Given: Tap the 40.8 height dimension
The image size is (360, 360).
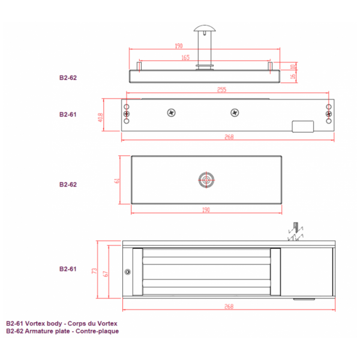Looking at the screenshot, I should (101, 118).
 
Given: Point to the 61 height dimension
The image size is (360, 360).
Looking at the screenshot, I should (118, 180).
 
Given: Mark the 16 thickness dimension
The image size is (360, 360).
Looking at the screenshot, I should (293, 76).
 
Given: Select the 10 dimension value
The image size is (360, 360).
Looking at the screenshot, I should (293, 66).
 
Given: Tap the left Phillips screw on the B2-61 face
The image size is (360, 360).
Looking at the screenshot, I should (172, 112).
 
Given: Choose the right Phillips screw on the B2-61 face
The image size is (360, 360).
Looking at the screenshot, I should (235, 112).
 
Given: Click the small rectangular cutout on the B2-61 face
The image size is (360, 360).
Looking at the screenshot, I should (303, 127).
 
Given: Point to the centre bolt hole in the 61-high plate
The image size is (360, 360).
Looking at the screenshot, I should (206, 179).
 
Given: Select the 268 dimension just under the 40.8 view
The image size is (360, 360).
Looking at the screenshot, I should (228, 137).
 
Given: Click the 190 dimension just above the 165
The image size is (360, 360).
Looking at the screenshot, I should (178, 46).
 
